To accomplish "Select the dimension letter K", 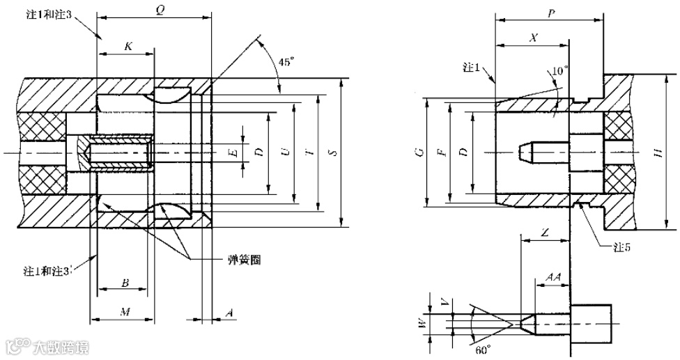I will (x=128, y=47).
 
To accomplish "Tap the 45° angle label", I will (x=286, y=62).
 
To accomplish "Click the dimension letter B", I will (x=124, y=283).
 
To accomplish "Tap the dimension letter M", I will (x=124, y=311).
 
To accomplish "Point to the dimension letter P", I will (x=551, y=13).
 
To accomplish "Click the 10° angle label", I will (x=559, y=71).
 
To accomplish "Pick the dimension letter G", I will (x=418, y=151).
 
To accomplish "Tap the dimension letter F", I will (x=440, y=151).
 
